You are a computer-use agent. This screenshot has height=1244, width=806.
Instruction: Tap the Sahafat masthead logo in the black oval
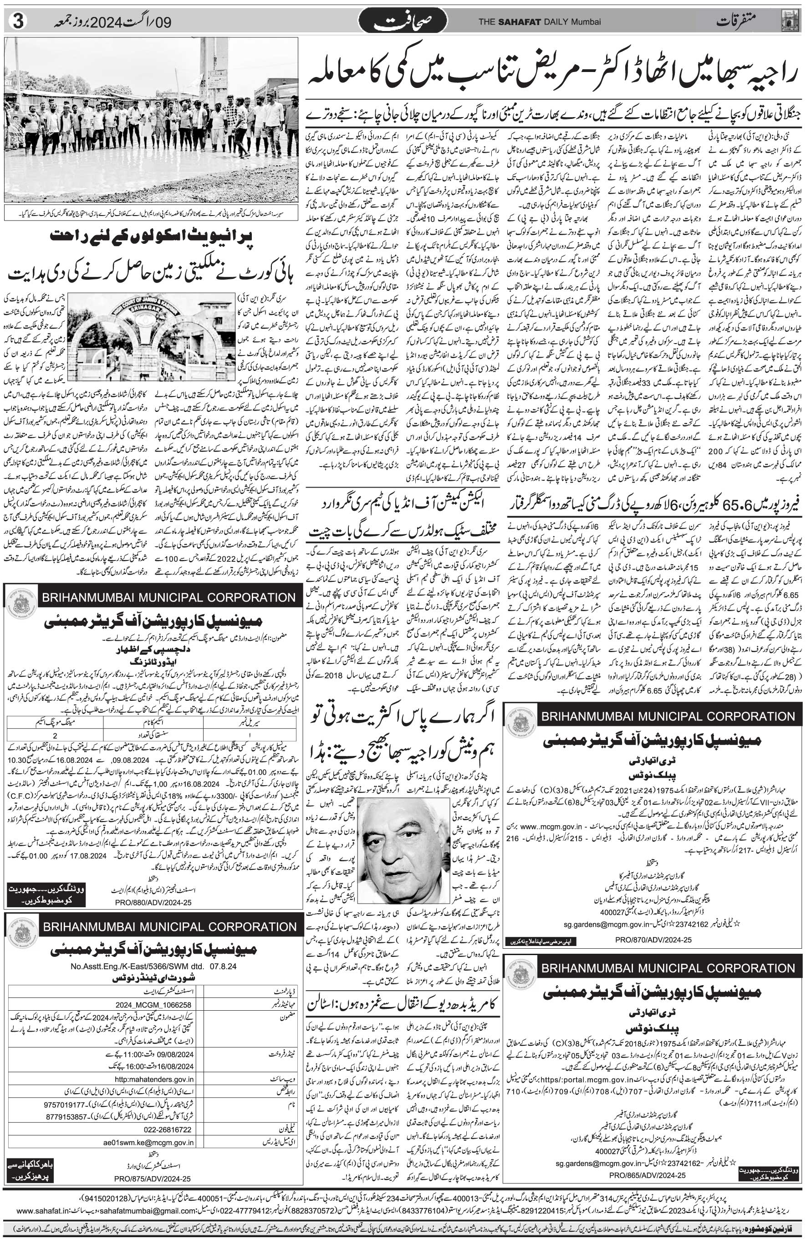[403, 22]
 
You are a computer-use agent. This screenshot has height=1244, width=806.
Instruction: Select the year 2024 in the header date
[120, 22]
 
